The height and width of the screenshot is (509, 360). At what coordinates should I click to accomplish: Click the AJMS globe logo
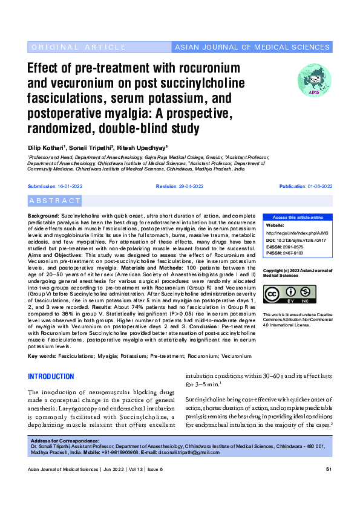click(x=314, y=81)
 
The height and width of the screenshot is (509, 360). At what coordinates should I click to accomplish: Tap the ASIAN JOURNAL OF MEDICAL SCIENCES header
click(x=252, y=47)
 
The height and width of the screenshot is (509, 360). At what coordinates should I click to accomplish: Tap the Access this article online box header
click(x=297, y=217)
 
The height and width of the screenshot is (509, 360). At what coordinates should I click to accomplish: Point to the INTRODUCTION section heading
click(x=51, y=377)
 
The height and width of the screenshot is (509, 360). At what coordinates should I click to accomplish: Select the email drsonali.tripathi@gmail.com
click(x=189, y=452)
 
